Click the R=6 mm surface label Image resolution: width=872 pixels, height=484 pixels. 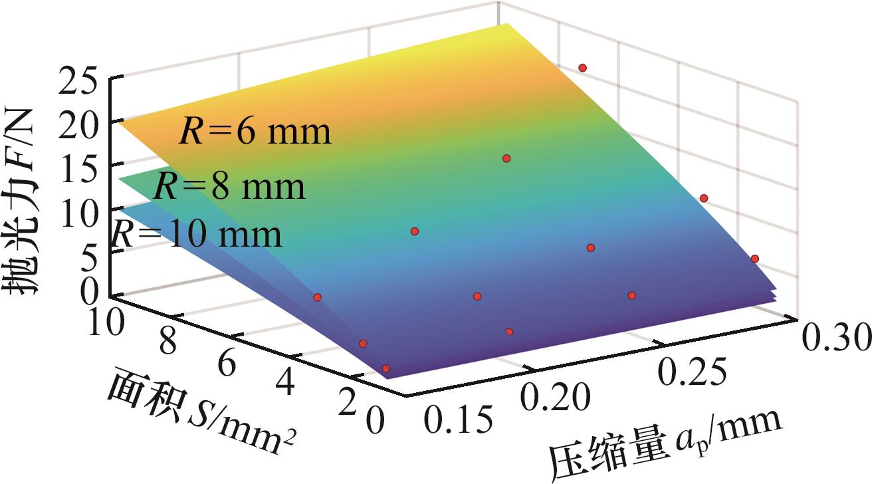click(x=255, y=132)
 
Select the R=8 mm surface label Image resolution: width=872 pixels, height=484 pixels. click(x=230, y=187)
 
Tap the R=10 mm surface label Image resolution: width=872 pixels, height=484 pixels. click(x=197, y=234)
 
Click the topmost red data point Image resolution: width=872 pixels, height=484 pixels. click(x=582, y=68)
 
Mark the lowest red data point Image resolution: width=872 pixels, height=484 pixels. click(x=386, y=368)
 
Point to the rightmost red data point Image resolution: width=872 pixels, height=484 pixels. click(x=754, y=259)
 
